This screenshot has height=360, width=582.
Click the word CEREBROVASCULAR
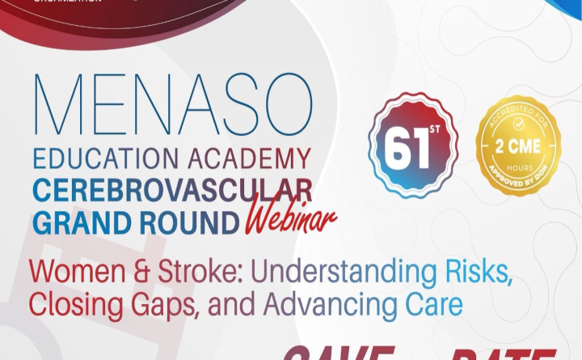pyautogui.click(x=172, y=191)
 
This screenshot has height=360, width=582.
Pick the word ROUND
pyautogui.click(x=188, y=220)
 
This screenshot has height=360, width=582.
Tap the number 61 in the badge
pyautogui.click(x=404, y=146)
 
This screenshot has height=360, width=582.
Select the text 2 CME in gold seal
pyautogui.click(x=517, y=147)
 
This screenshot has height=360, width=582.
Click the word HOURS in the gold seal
pyautogui.click(x=517, y=165)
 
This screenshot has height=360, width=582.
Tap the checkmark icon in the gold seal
pyautogui.click(x=517, y=126)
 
